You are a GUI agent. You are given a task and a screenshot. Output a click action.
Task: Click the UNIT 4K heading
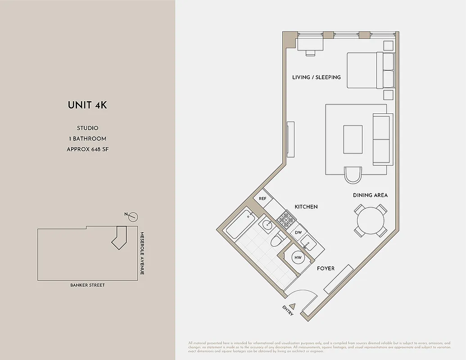pyautogui.click(x=87, y=105)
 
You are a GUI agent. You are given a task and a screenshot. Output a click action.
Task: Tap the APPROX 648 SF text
pyautogui.click(x=87, y=149)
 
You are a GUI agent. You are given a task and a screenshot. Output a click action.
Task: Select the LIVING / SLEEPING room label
pyautogui.click(x=317, y=77)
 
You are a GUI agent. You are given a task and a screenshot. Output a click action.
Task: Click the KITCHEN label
pyautogui.click(x=306, y=207)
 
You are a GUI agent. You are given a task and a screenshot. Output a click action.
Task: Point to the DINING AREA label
pyautogui.click(x=370, y=195)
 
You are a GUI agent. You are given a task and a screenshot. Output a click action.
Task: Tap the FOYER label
pyautogui.click(x=326, y=269)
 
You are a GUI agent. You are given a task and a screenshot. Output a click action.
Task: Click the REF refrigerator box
pyautogui.click(x=263, y=198)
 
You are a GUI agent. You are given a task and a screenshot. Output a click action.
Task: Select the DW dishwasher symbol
pyautogui.click(x=298, y=232)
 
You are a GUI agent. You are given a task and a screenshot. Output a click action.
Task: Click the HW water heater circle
pyautogui.click(x=298, y=258)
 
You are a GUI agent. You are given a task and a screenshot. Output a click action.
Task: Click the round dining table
pyautogui.click(x=371, y=220)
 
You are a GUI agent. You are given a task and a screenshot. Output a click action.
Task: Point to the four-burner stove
pyautogui.click(x=286, y=219)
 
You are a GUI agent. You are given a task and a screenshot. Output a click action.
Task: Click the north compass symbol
pyautogui.click(x=132, y=217)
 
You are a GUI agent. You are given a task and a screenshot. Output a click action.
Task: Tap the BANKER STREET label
pyautogui.click(x=87, y=285)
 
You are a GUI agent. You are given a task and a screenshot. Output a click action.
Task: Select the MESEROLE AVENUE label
pyautogui.click(x=141, y=253)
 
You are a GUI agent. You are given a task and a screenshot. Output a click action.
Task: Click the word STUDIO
pyautogui.click(x=87, y=128)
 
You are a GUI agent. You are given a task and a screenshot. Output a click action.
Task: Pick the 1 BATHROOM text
pyautogui.click(x=87, y=139)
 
